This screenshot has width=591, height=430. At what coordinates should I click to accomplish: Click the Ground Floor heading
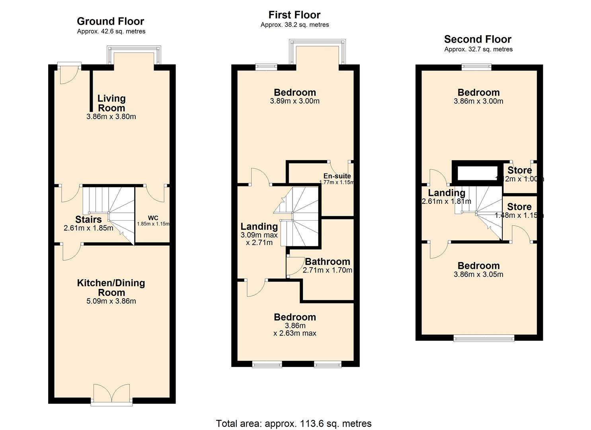click(110, 21)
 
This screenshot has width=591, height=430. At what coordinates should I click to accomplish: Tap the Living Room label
click(111, 103)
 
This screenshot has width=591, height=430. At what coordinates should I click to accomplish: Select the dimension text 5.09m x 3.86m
click(111, 301)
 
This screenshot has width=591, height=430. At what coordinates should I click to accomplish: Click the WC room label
click(153, 218)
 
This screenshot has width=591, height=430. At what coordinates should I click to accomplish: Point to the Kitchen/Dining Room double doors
click(112, 393)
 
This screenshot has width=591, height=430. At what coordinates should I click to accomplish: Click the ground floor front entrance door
click(68, 74)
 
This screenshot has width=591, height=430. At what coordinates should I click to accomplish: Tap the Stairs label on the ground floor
click(88, 219)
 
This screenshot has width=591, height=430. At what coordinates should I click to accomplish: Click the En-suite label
click(337, 176)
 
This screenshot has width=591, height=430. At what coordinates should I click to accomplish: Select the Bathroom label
click(328, 262)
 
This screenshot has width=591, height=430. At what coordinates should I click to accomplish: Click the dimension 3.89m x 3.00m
click(295, 101)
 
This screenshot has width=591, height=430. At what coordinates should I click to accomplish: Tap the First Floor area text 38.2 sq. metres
click(295, 25)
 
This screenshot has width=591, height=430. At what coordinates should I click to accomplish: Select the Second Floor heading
click(478, 39)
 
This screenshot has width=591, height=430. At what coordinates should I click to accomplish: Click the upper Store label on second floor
click(519, 170)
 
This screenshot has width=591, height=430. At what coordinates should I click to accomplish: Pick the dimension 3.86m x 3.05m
click(478, 274)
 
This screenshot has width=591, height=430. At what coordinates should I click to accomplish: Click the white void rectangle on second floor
click(478, 174)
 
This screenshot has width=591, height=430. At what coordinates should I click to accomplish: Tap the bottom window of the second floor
click(484, 339)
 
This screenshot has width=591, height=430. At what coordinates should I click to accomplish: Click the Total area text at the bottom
click(294, 423)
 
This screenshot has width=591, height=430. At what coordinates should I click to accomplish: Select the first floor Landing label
click(259, 227)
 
